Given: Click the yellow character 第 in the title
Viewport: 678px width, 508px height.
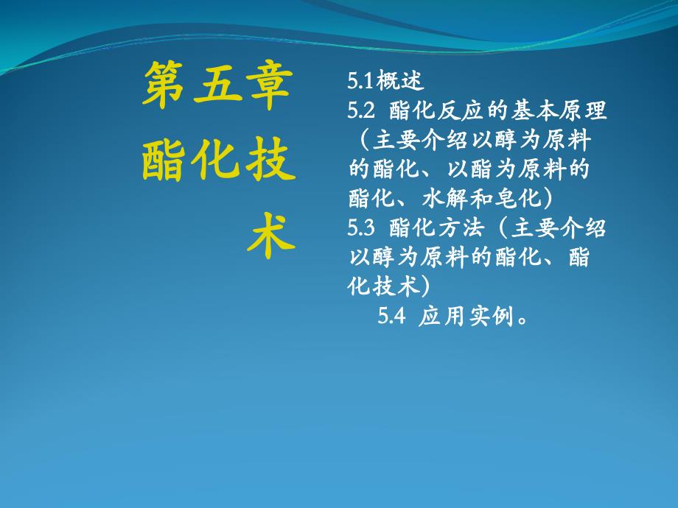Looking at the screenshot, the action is click(x=163, y=84).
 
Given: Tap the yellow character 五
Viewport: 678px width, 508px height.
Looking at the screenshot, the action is click(x=217, y=84).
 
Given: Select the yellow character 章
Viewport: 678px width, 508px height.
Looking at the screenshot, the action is click(x=269, y=85).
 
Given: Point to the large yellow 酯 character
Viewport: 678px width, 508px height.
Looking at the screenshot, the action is click(x=164, y=160).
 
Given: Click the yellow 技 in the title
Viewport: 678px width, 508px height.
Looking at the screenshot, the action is click(x=270, y=160).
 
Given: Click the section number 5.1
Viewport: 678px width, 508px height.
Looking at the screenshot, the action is click(x=360, y=81).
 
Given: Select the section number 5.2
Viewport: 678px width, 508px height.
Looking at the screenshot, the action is click(x=361, y=110).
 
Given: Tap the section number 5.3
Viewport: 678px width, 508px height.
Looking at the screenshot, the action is click(x=361, y=227).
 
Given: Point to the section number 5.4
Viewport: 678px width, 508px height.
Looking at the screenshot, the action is click(x=392, y=316).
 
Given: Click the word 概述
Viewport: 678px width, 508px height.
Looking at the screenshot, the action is click(x=399, y=80).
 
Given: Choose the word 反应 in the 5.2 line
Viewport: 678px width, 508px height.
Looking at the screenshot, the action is click(x=460, y=110).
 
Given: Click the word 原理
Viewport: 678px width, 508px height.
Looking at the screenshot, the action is click(x=584, y=110).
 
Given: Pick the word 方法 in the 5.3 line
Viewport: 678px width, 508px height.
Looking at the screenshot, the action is click(x=460, y=227).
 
